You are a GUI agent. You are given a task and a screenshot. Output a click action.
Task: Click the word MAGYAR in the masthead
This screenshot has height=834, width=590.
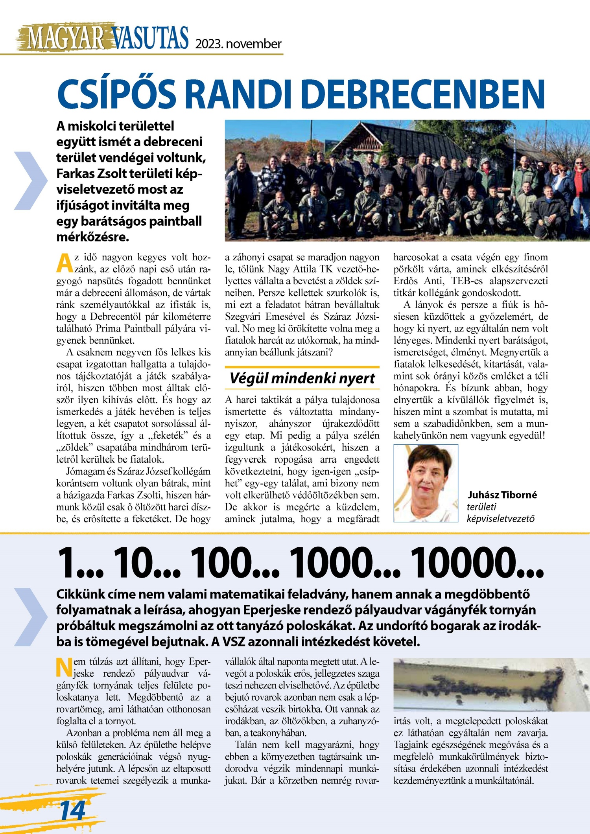point(65,39)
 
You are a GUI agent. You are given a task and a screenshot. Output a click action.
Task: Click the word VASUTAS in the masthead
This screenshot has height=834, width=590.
point(151,39)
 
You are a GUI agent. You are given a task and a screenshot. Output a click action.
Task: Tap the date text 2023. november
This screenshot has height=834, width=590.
point(238,44)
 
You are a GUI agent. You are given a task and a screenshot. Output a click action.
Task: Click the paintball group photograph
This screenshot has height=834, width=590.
point(407,180)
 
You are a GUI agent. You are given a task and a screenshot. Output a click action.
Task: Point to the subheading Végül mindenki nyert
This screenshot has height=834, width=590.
point(302,378)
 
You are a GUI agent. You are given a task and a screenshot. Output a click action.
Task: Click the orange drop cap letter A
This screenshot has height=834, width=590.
point(64,263)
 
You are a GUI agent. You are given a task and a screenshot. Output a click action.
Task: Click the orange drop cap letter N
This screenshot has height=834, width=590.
point(64,668)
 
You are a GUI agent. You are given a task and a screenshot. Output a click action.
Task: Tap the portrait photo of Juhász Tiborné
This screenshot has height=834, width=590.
point(426,483)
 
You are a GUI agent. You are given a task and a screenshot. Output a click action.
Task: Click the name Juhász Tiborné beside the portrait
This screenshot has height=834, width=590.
point(502,495)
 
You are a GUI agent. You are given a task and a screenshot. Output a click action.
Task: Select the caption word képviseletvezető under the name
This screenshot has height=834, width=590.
point(501,519)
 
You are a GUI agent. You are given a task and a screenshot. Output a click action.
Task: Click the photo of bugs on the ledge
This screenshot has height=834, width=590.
point(491,685)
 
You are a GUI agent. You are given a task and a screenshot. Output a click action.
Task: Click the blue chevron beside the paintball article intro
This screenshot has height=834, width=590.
point(31,180)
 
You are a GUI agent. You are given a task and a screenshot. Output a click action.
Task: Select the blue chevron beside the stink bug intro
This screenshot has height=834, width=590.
point(31,617)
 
